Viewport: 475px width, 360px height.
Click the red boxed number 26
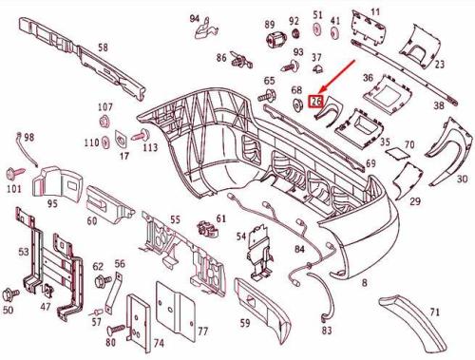tap(316, 102)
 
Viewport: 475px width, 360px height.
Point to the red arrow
tap(336, 76)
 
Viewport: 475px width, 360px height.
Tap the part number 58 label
tap(103, 47)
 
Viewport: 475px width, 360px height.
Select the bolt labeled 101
tap(15, 173)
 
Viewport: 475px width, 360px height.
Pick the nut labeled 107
tap(104, 122)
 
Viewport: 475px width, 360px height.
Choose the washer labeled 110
tap(105, 142)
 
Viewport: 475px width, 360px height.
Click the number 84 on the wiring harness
tap(299, 249)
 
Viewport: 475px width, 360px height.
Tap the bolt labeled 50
tap(9, 294)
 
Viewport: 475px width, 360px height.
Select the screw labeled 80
tap(116, 330)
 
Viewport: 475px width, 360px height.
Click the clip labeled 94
tap(205, 29)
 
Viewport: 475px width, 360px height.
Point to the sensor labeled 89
tap(275, 40)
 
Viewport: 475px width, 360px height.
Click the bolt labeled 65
tap(267, 95)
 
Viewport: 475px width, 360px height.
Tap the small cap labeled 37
tap(317, 68)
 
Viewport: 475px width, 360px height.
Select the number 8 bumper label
tap(365, 282)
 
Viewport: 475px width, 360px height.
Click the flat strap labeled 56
tap(114, 294)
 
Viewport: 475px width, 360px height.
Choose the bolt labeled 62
tap(103, 280)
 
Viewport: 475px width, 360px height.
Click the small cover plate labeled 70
tap(396, 153)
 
